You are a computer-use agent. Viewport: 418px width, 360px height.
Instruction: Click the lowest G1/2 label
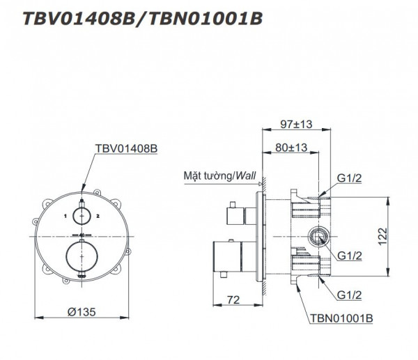coord(353,295)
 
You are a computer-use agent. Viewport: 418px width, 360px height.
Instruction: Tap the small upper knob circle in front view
coord(82,216)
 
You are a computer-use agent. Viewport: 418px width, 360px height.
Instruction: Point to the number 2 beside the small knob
coord(100,217)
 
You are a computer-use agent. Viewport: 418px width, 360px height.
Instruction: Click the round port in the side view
coord(320,237)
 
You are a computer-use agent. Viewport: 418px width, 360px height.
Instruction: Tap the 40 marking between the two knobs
coord(82,235)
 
